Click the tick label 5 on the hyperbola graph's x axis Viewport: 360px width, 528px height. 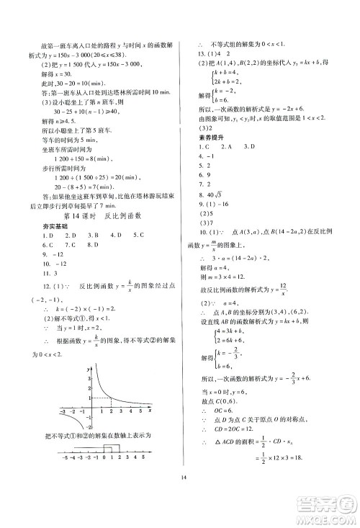click(139, 411)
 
